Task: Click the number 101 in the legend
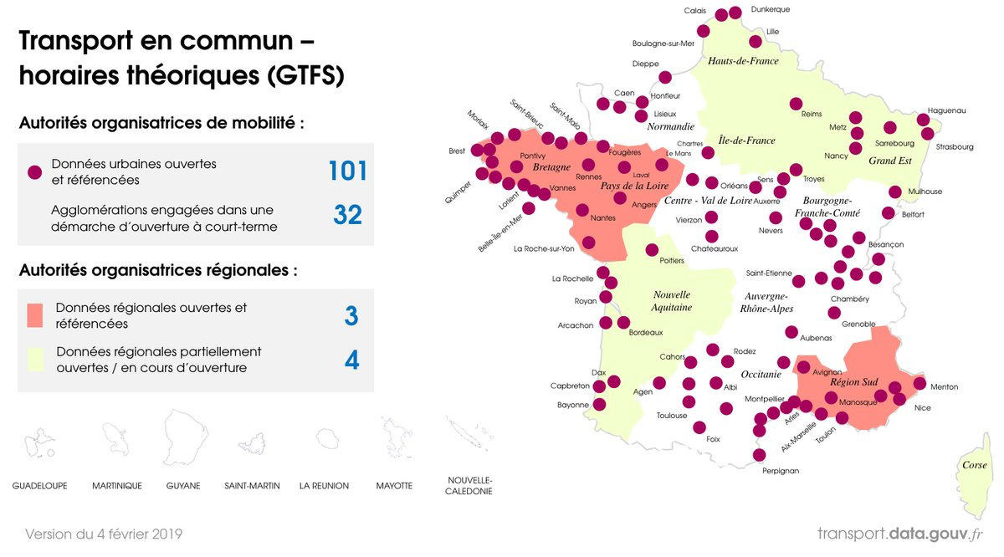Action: (x=347, y=171)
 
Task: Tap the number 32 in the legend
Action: (x=347, y=215)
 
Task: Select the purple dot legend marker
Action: (x=34, y=172)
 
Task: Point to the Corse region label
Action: (x=974, y=465)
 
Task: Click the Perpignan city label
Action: (x=781, y=471)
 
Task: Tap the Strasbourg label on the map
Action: (x=955, y=147)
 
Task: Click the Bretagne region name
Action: (x=551, y=167)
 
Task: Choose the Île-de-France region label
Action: (x=746, y=141)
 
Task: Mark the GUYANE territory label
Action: (x=183, y=486)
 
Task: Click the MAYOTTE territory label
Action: (x=393, y=486)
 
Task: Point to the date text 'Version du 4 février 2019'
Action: (x=104, y=534)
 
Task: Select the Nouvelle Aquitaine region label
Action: (x=672, y=301)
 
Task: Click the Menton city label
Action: (x=944, y=387)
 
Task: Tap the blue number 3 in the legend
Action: (x=351, y=316)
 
